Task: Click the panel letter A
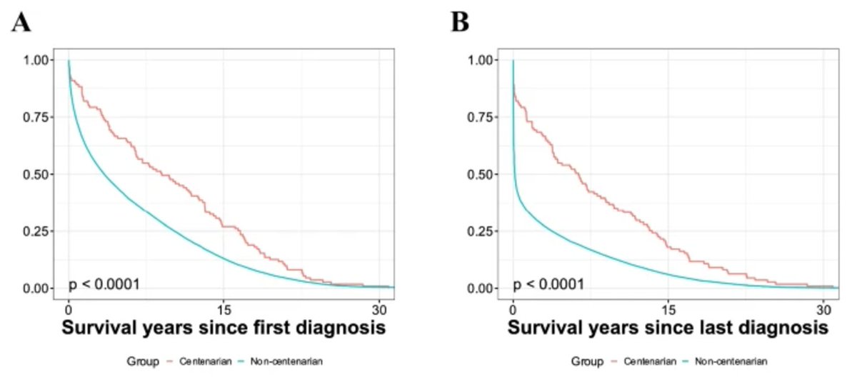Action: pos(21,23)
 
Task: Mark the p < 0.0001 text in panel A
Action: pos(104,286)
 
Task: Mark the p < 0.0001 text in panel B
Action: pos(548,286)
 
